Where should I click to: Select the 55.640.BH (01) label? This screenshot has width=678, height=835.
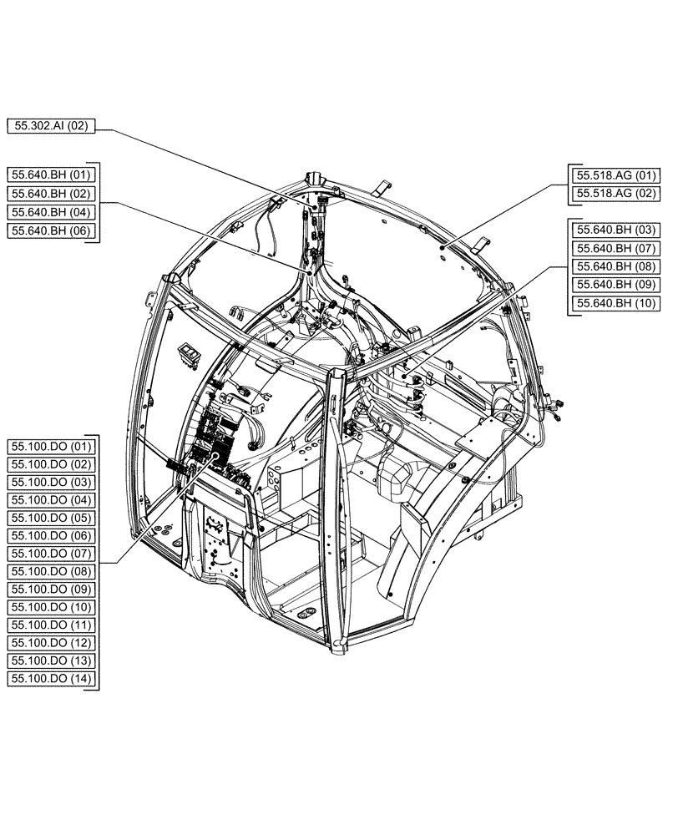[52, 175]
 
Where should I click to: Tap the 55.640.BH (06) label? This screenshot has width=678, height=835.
[52, 230]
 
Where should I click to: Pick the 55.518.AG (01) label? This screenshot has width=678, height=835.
[614, 175]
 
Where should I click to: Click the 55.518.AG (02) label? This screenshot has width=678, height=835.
[614, 194]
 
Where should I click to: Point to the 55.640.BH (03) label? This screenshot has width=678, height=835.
[614, 229]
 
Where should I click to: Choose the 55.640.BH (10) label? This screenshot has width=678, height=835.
[614, 302]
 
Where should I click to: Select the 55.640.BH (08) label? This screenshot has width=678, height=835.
[614, 266]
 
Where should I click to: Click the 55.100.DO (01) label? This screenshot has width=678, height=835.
[52, 446]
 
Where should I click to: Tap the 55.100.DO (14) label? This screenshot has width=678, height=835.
[52, 679]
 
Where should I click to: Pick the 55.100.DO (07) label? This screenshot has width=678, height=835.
[52, 554]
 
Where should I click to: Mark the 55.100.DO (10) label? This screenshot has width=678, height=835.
[52, 607]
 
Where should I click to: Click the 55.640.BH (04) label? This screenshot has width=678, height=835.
[52, 211]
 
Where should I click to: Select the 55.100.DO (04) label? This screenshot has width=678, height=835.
[52, 499]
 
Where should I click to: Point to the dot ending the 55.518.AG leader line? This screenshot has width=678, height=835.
[440, 248]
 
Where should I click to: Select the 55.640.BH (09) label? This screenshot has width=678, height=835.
[614, 284]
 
